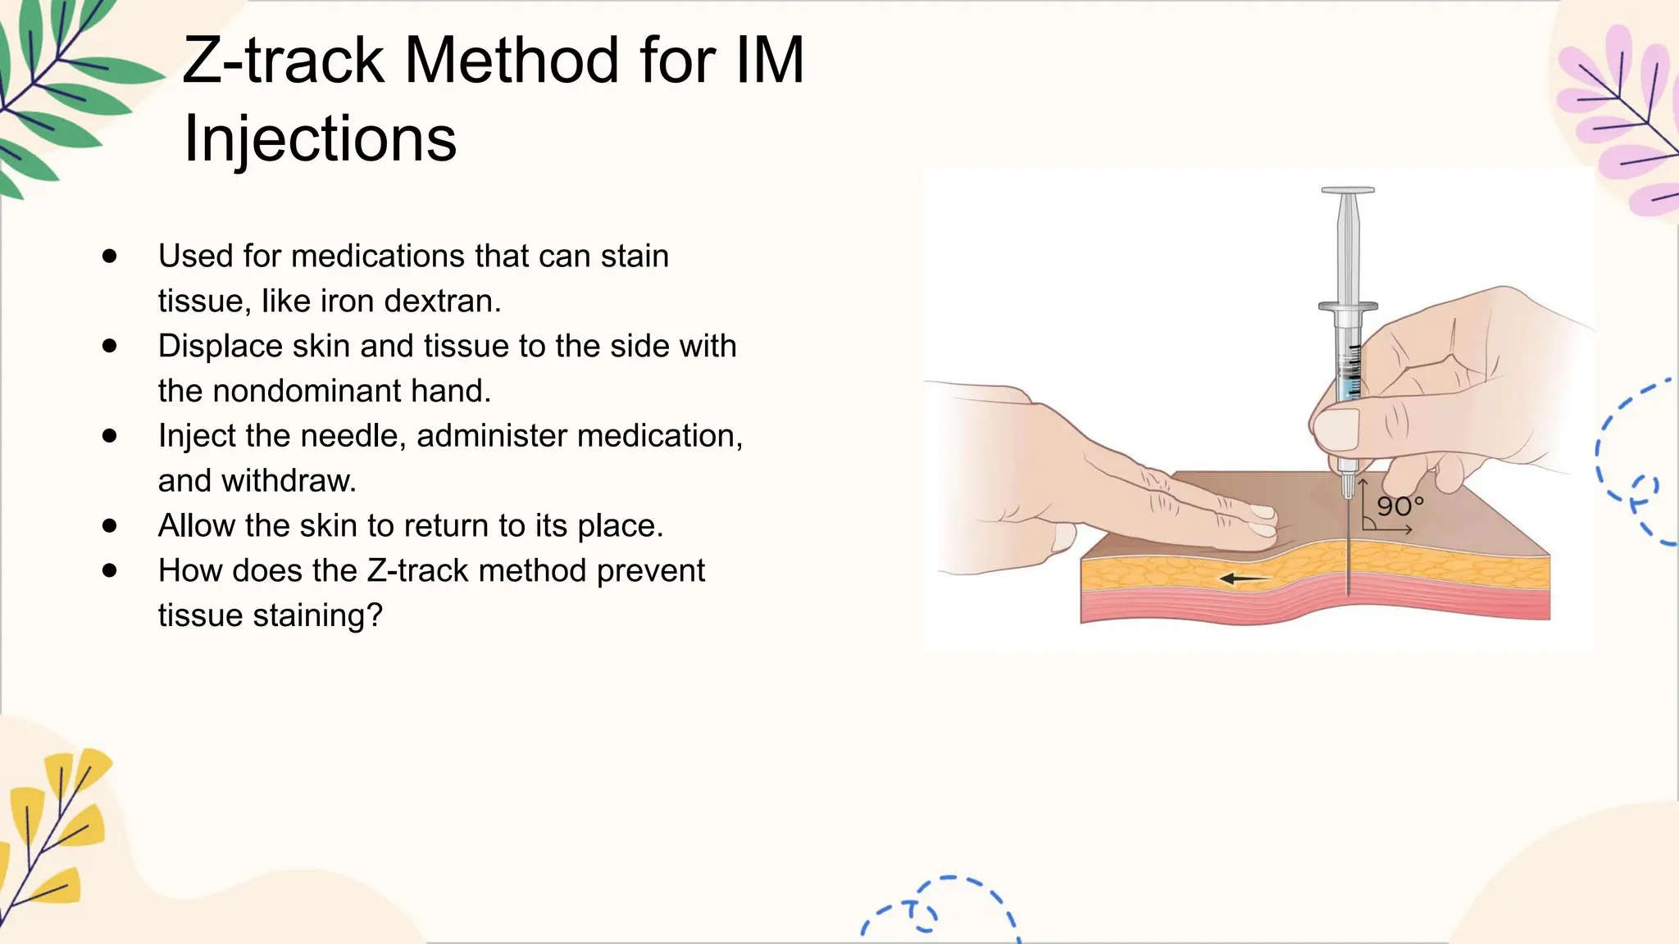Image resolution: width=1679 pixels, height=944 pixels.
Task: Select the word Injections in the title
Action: coord(320,138)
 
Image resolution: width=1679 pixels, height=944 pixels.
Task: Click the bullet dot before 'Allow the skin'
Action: coord(110,525)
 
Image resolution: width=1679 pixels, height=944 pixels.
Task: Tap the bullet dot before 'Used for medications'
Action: coord(110,256)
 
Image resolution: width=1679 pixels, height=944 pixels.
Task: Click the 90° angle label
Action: coord(1399,506)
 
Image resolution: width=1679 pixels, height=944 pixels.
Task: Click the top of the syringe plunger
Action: coord(1347,191)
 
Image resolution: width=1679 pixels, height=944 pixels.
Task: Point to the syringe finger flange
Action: coord(1347,306)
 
